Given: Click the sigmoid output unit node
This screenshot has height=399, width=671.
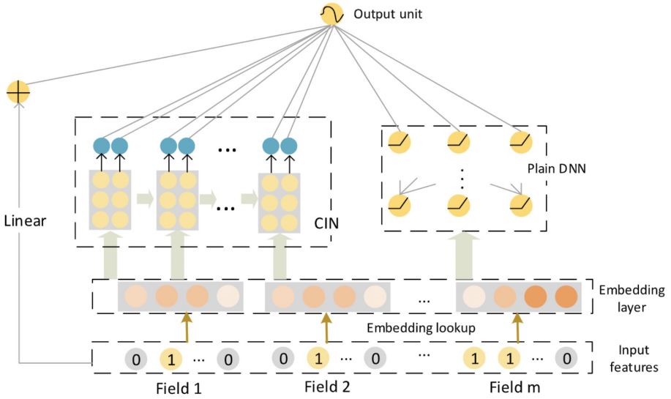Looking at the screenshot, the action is (332, 14).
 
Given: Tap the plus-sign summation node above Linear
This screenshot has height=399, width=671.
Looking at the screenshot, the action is (18, 92).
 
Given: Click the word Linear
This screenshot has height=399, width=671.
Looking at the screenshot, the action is (25, 221).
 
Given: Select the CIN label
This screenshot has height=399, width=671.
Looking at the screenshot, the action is (326, 223).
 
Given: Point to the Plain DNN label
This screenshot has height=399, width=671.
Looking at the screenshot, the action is (556, 168).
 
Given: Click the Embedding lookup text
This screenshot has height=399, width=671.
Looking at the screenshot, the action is (421, 328).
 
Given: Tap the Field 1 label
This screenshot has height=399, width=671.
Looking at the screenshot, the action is (179, 388).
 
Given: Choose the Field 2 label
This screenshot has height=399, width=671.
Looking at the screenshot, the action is (327, 387).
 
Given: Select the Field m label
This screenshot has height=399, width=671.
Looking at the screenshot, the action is (515, 387).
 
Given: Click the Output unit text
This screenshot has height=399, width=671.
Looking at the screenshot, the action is (388, 14).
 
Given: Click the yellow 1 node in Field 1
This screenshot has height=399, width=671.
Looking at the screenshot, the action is (171, 359).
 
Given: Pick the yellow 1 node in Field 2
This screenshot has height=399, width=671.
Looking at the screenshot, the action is (318, 358).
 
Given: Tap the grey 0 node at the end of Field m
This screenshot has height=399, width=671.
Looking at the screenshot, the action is (566, 358).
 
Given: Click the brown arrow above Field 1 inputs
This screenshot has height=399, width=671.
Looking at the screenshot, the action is (186, 327).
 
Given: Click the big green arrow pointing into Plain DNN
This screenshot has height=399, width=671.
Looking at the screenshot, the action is (464, 256).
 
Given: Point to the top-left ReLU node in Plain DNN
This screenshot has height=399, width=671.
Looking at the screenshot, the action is (400, 142).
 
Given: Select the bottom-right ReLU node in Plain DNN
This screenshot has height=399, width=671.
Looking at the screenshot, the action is (521, 206).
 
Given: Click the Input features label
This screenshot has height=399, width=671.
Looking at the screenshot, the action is (634, 359).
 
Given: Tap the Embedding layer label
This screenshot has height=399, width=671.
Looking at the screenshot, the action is (631, 299).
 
